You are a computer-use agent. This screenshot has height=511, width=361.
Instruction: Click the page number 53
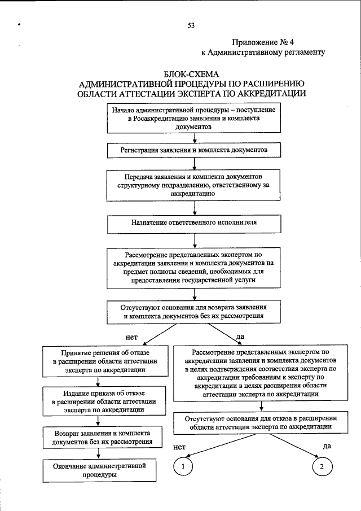[191, 25]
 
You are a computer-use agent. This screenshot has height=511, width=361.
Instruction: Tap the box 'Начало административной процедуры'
[193, 119]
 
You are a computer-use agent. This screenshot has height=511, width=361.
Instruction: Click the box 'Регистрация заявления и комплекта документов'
[193, 151]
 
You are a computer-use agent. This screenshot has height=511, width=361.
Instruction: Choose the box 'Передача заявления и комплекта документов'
[193, 185]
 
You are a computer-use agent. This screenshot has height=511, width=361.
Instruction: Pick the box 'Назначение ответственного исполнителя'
[193, 222]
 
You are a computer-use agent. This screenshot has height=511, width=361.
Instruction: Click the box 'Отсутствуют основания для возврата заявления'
[193, 312]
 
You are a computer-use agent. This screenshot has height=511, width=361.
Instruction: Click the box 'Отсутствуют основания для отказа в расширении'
[260, 422]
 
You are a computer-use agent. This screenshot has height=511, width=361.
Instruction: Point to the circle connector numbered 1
[183, 466]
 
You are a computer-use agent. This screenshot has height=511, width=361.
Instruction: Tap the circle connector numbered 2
[322, 466]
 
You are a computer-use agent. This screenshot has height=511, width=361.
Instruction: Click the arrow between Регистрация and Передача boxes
[193, 164]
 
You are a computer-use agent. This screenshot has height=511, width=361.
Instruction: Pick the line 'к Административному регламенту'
[263, 53]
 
